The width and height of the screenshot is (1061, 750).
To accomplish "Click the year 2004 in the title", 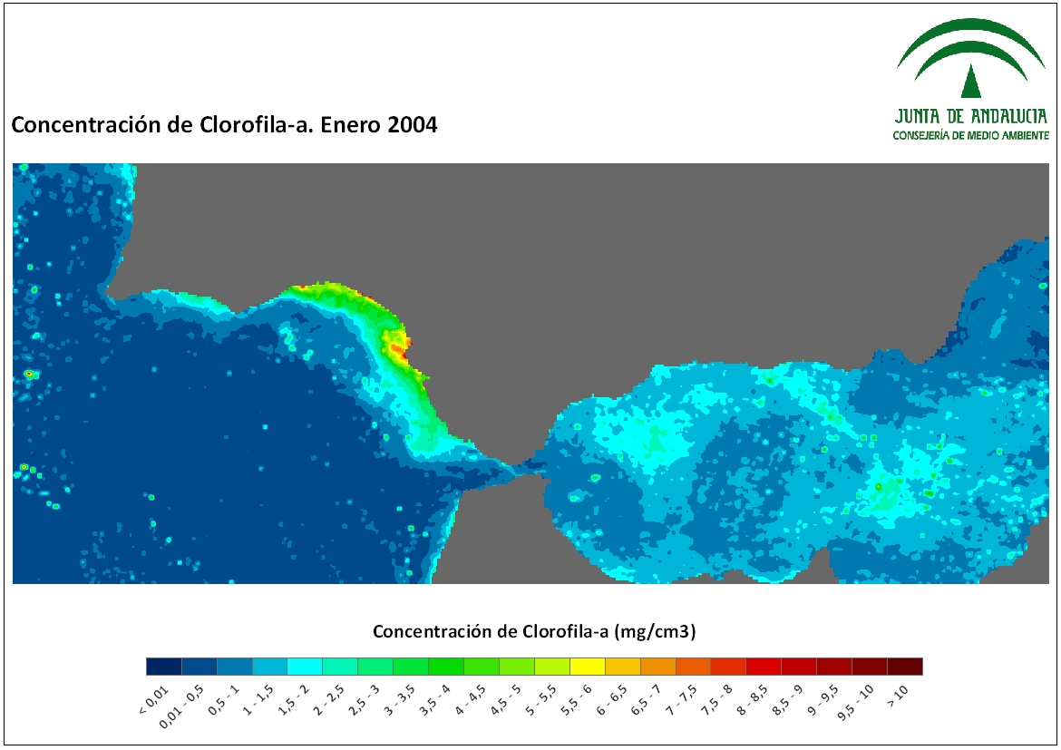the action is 413,125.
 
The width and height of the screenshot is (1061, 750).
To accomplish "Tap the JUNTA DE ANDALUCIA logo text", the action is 971,116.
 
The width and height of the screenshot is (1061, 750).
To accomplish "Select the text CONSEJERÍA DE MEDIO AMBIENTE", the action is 971,135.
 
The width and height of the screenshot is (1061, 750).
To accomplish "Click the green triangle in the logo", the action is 971,83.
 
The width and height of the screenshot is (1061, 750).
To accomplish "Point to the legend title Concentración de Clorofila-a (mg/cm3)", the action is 534,631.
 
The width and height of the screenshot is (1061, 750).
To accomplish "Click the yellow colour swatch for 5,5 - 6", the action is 588,667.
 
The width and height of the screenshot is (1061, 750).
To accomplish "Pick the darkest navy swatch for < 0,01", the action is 164,667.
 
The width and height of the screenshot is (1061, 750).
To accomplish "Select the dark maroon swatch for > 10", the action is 905,667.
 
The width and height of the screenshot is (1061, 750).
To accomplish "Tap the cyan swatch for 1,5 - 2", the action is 305,667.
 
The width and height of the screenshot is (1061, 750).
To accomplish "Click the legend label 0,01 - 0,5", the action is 181,706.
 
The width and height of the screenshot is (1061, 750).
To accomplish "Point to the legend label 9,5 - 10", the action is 855,703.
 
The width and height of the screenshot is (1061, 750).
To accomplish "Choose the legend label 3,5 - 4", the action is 433,701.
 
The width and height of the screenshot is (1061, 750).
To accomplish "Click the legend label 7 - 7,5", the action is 681,701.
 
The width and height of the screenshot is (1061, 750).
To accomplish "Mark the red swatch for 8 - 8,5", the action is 764,667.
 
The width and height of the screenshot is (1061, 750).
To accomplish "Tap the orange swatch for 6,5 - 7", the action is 657,667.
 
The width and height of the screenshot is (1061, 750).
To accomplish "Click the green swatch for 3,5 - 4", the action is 446,667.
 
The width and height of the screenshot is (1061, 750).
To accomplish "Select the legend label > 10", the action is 897,696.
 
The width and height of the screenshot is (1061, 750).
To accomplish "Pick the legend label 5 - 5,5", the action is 540,701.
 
